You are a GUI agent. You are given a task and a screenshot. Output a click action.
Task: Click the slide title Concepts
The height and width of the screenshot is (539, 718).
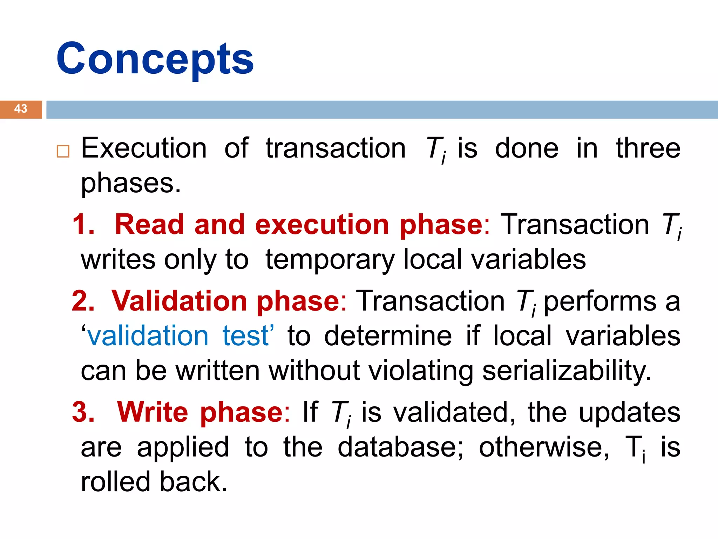[155, 59]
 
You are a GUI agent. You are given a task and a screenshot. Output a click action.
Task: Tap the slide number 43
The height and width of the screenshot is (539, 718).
[21, 109]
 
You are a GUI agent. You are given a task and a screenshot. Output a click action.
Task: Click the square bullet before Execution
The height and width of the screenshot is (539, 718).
[63, 151]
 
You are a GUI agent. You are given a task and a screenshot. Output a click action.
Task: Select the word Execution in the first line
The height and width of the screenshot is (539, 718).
[144, 148]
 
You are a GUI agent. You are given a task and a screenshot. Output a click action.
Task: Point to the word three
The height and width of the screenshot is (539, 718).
[648, 148]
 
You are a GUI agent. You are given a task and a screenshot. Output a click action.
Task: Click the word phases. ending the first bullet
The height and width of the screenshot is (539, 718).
[131, 184]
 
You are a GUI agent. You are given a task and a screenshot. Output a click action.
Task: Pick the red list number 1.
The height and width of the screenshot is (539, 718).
[83, 225]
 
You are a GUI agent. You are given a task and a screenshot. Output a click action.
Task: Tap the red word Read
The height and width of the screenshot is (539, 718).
[149, 225]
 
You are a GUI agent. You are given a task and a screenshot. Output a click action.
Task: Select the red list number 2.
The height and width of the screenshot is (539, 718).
[83, 301]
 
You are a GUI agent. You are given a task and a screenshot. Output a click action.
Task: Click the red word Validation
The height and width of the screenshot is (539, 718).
[179, 301]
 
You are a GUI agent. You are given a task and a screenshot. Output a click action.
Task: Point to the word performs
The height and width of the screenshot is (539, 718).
[600, 301]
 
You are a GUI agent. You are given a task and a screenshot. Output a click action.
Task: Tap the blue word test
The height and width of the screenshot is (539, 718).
[246, 336]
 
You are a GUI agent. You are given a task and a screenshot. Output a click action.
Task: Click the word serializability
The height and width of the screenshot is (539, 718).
[567, 371]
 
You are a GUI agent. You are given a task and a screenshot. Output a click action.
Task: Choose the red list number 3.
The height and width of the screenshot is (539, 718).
[83, 412]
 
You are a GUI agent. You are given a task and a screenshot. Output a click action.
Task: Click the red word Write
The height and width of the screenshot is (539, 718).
[153, 412]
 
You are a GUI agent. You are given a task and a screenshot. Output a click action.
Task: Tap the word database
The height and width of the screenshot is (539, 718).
[400, 447]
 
